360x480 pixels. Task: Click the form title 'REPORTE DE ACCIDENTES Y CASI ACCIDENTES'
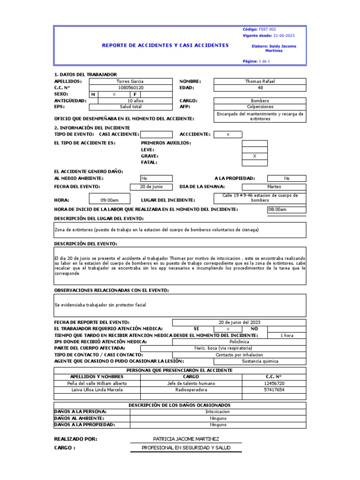(165, 45)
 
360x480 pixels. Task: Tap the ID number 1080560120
(131, 88)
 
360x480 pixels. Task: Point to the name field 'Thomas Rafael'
(260, 81)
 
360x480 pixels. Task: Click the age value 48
(260, 88)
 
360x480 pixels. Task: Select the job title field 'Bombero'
(260, 101)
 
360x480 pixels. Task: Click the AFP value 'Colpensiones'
(260, 107)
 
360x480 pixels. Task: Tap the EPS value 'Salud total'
(131, 107)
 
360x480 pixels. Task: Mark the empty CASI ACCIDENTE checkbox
(156, 135)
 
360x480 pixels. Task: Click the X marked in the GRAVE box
(255, 156)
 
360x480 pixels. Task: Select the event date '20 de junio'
(151, 187)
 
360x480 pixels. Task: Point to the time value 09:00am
(109, 200)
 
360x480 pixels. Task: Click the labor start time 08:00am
(277, 210)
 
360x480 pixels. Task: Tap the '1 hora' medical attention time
(286, 335)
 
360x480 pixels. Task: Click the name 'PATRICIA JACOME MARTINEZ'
(186, 439)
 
